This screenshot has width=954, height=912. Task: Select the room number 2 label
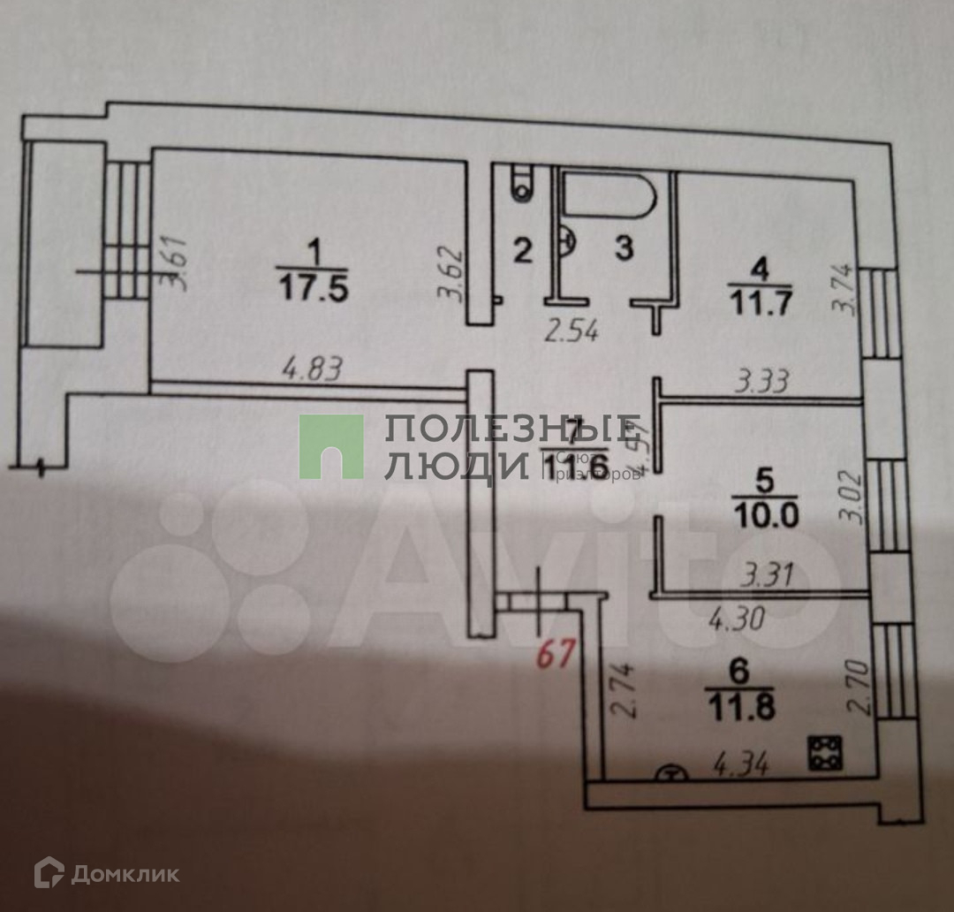tap(523, 252)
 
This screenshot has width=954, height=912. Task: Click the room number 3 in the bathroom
tap(624, 250)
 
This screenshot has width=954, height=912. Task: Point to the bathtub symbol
tap(610, 196)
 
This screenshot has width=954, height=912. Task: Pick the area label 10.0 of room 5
tap(765, 513)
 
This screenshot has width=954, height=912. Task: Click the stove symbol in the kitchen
tap(826, 752)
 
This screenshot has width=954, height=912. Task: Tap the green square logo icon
tap(330, 446)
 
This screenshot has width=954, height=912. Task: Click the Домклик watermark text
tap(125, 875)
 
